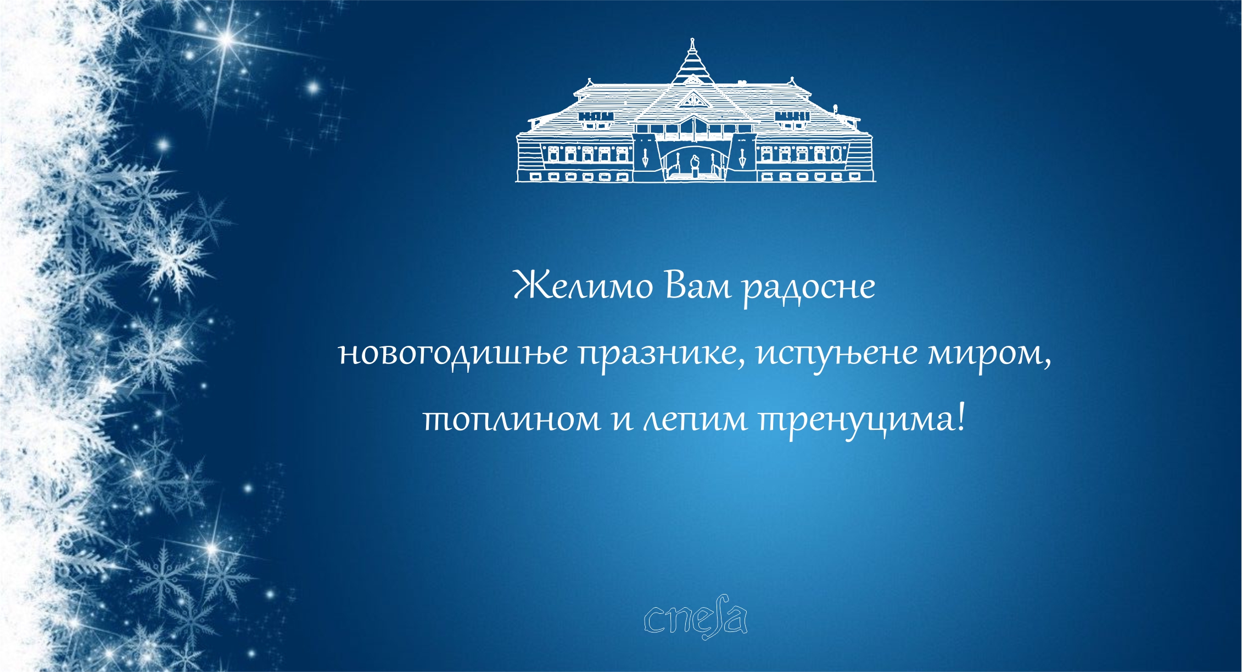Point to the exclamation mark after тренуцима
[959, 417]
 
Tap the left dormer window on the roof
[596, 116]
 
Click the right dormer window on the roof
[792, 116]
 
